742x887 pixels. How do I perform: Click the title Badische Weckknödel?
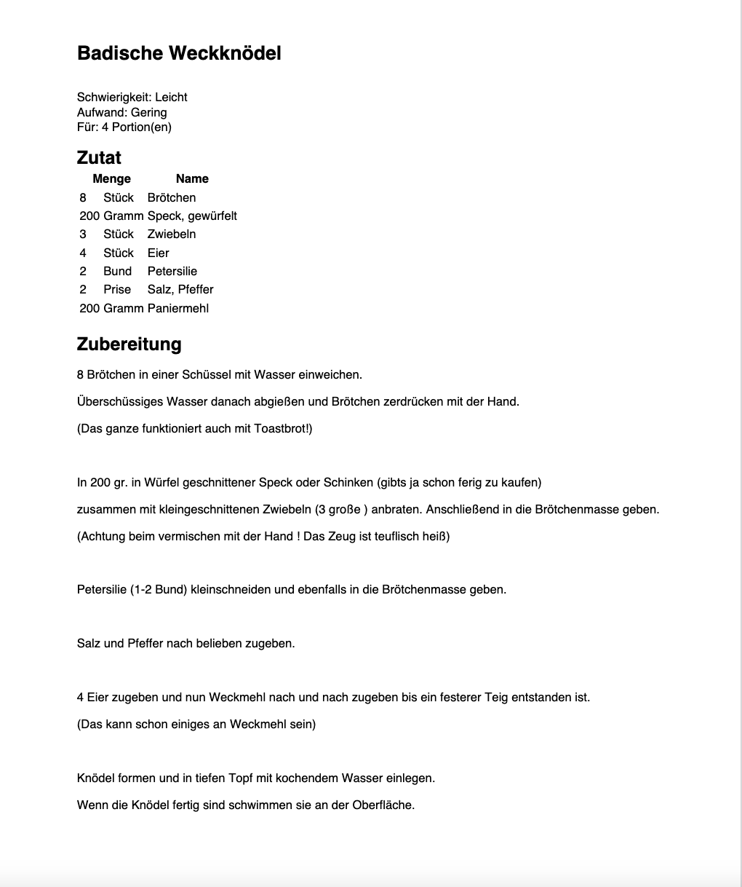click(179, 53)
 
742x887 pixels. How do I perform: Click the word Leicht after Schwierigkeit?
click(171, 97)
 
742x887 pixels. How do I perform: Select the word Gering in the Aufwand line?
click(148, 112)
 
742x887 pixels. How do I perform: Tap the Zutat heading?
click(99, 157)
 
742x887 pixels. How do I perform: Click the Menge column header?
click(111, 178)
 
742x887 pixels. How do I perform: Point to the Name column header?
click(192, 178)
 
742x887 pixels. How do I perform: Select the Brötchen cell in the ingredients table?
click(172, 197)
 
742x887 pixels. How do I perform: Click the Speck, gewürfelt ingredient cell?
click(192, 216)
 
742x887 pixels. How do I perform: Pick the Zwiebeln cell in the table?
click(172, 234)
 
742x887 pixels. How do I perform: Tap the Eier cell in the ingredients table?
click(158, 253)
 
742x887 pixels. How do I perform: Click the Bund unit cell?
click(117, 271)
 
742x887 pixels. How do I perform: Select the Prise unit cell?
click(117, 289)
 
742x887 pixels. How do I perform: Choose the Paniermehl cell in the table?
click(178, 308)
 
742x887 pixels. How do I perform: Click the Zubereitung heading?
click(129, 344)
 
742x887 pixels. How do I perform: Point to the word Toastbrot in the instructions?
click(281, 428)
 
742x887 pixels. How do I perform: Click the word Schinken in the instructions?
click(351, 482)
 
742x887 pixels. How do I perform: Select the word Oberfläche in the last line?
click(383, 805)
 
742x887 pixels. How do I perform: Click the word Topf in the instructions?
click(240, 778)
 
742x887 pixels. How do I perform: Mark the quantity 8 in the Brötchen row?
click(83, 197)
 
